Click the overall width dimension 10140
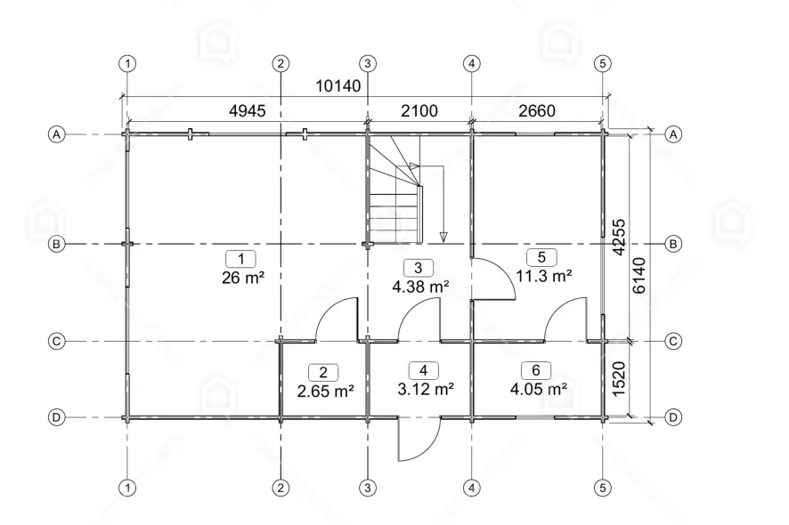pyautogui.click(x=338, y=86)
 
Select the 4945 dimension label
pyautogui.click(x=247, y=110)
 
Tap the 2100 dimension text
pyautogui.click(x=419, y=110)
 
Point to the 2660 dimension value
pyautogui.click(x=537, y=110)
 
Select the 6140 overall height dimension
pyautogui.click(x=639, y=276)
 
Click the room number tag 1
pyautogui.click(x=241, y=259)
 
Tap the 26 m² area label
pyautogui.click(x=243, y=277)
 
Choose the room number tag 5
pyautogui.click(x=541, y=257)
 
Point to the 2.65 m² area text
pyautogui.click(x=326, y=391)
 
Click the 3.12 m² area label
pyautogui.click(x=427, y=389)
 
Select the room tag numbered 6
pyautogui.click(x=536, y=371)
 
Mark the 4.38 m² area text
pyautogui.click(x=420, y=287)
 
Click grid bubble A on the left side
pyautogui.click(x=56, y=134)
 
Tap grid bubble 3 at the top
pyautogui.click(x=368, y=64)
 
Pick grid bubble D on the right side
pyautogui.click(x=673, y=417)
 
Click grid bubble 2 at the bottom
pyautogui.click(x=281, y=488)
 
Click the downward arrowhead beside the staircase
pyautogui.click(x=443, y=237)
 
